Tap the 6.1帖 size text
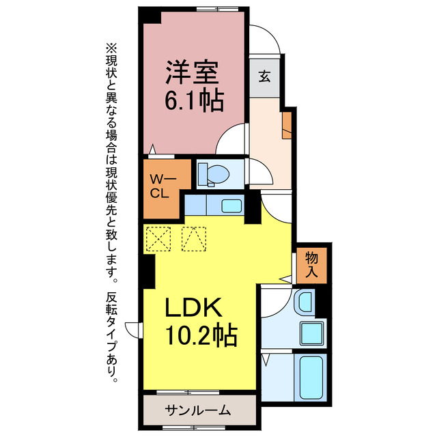193,101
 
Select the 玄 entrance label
264,76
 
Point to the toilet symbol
214,175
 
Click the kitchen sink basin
231,206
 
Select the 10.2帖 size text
199,336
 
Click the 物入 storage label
312,264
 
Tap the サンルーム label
197,411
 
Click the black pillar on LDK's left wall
147,272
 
